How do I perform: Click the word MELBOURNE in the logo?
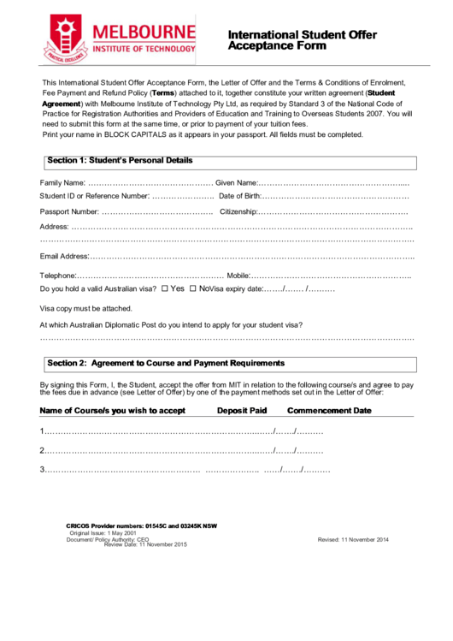(x=144, y=32)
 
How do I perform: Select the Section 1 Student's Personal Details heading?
(x=120, y=161)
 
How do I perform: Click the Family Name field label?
(x=62, y=182)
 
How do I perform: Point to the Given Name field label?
(x=236, y=182)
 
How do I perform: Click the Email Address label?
(x=64, y=257)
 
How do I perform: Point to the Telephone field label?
(x=59, y=276)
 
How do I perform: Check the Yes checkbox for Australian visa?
(x=165, y=289)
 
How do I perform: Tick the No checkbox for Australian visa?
(x=193, y=289)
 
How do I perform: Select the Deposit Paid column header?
(x=241, y=411)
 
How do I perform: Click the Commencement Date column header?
(x=329, y=411)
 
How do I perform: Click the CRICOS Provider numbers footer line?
(x=141, y=525)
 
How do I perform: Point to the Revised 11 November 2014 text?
(x=353, y=540)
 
